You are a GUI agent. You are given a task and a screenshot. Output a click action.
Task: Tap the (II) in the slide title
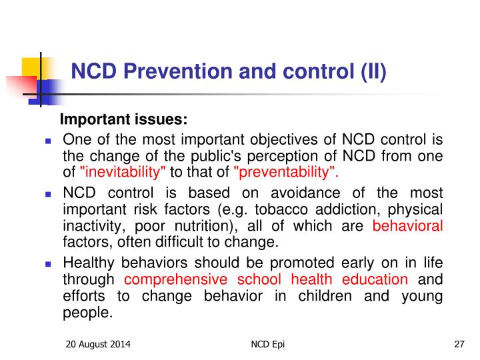373,72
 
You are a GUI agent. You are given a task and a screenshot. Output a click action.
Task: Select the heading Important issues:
124,119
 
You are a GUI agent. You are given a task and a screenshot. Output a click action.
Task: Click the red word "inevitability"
123,172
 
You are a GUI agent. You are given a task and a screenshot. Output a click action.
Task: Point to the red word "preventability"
285,172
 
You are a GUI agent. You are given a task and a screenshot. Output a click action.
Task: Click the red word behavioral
407,226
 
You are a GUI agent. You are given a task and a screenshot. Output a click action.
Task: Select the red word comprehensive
176,279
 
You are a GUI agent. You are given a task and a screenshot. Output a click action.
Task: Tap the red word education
375,279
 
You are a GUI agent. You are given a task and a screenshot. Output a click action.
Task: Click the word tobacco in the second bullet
281,210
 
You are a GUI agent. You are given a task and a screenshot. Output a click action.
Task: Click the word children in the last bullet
325,296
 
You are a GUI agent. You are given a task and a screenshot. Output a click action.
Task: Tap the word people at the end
88,313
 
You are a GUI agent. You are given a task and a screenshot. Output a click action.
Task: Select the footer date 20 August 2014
98,345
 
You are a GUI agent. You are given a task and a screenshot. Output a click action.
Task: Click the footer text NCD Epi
267,345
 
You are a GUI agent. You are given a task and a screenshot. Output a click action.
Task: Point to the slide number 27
459,345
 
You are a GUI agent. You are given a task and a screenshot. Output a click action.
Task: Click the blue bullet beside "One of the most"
48,141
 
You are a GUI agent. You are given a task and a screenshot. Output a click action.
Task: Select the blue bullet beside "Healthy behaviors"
48,264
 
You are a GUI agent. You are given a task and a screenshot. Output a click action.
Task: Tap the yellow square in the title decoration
31,67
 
